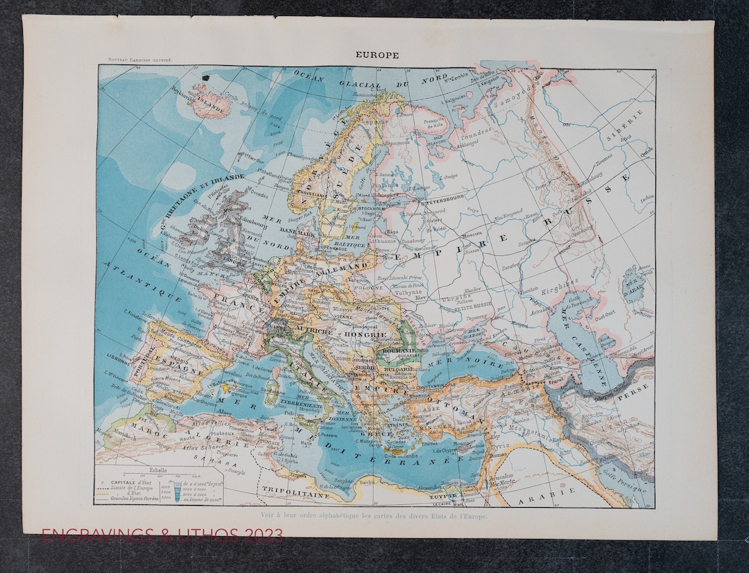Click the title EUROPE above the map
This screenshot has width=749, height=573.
click(x=377, y=55)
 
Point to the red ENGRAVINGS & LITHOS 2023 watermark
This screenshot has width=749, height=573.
click(x=162, y=535)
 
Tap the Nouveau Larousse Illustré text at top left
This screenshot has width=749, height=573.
click(x=135, y=61)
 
